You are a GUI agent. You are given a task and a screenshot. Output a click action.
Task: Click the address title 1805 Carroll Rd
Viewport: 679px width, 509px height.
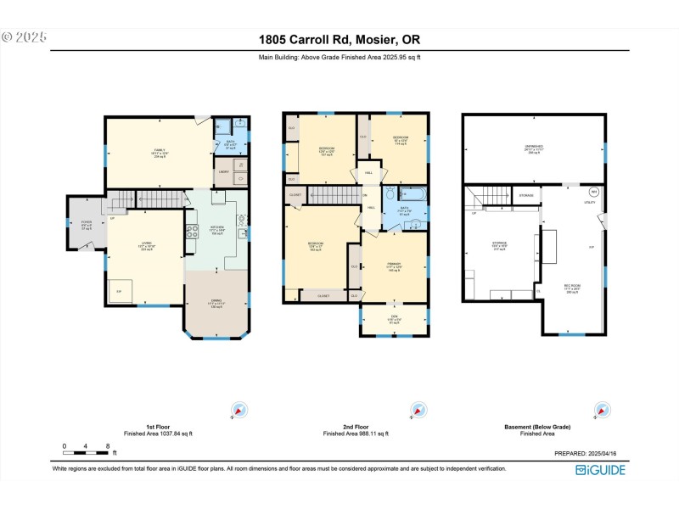coord(339,39)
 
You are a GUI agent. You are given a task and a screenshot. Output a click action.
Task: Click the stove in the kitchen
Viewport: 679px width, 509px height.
coord(193,229)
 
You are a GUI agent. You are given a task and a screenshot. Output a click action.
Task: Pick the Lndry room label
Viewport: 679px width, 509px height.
coord(224,172)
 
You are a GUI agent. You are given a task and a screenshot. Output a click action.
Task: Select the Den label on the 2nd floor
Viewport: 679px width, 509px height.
coord(395,320)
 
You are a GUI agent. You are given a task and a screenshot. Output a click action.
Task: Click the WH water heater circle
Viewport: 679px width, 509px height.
coord(594,191)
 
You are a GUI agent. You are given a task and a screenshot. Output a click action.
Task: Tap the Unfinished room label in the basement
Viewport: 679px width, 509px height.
coord(533,148)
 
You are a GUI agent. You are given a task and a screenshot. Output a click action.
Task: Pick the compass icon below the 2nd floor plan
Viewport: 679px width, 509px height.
coord(417,410)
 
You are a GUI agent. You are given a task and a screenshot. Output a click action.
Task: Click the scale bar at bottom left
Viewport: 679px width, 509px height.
coord(86,445)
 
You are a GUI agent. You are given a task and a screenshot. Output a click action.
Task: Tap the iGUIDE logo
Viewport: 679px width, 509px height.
coord(603,469)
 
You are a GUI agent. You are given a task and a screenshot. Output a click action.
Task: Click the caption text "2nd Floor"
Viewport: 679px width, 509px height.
coord(356,427)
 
